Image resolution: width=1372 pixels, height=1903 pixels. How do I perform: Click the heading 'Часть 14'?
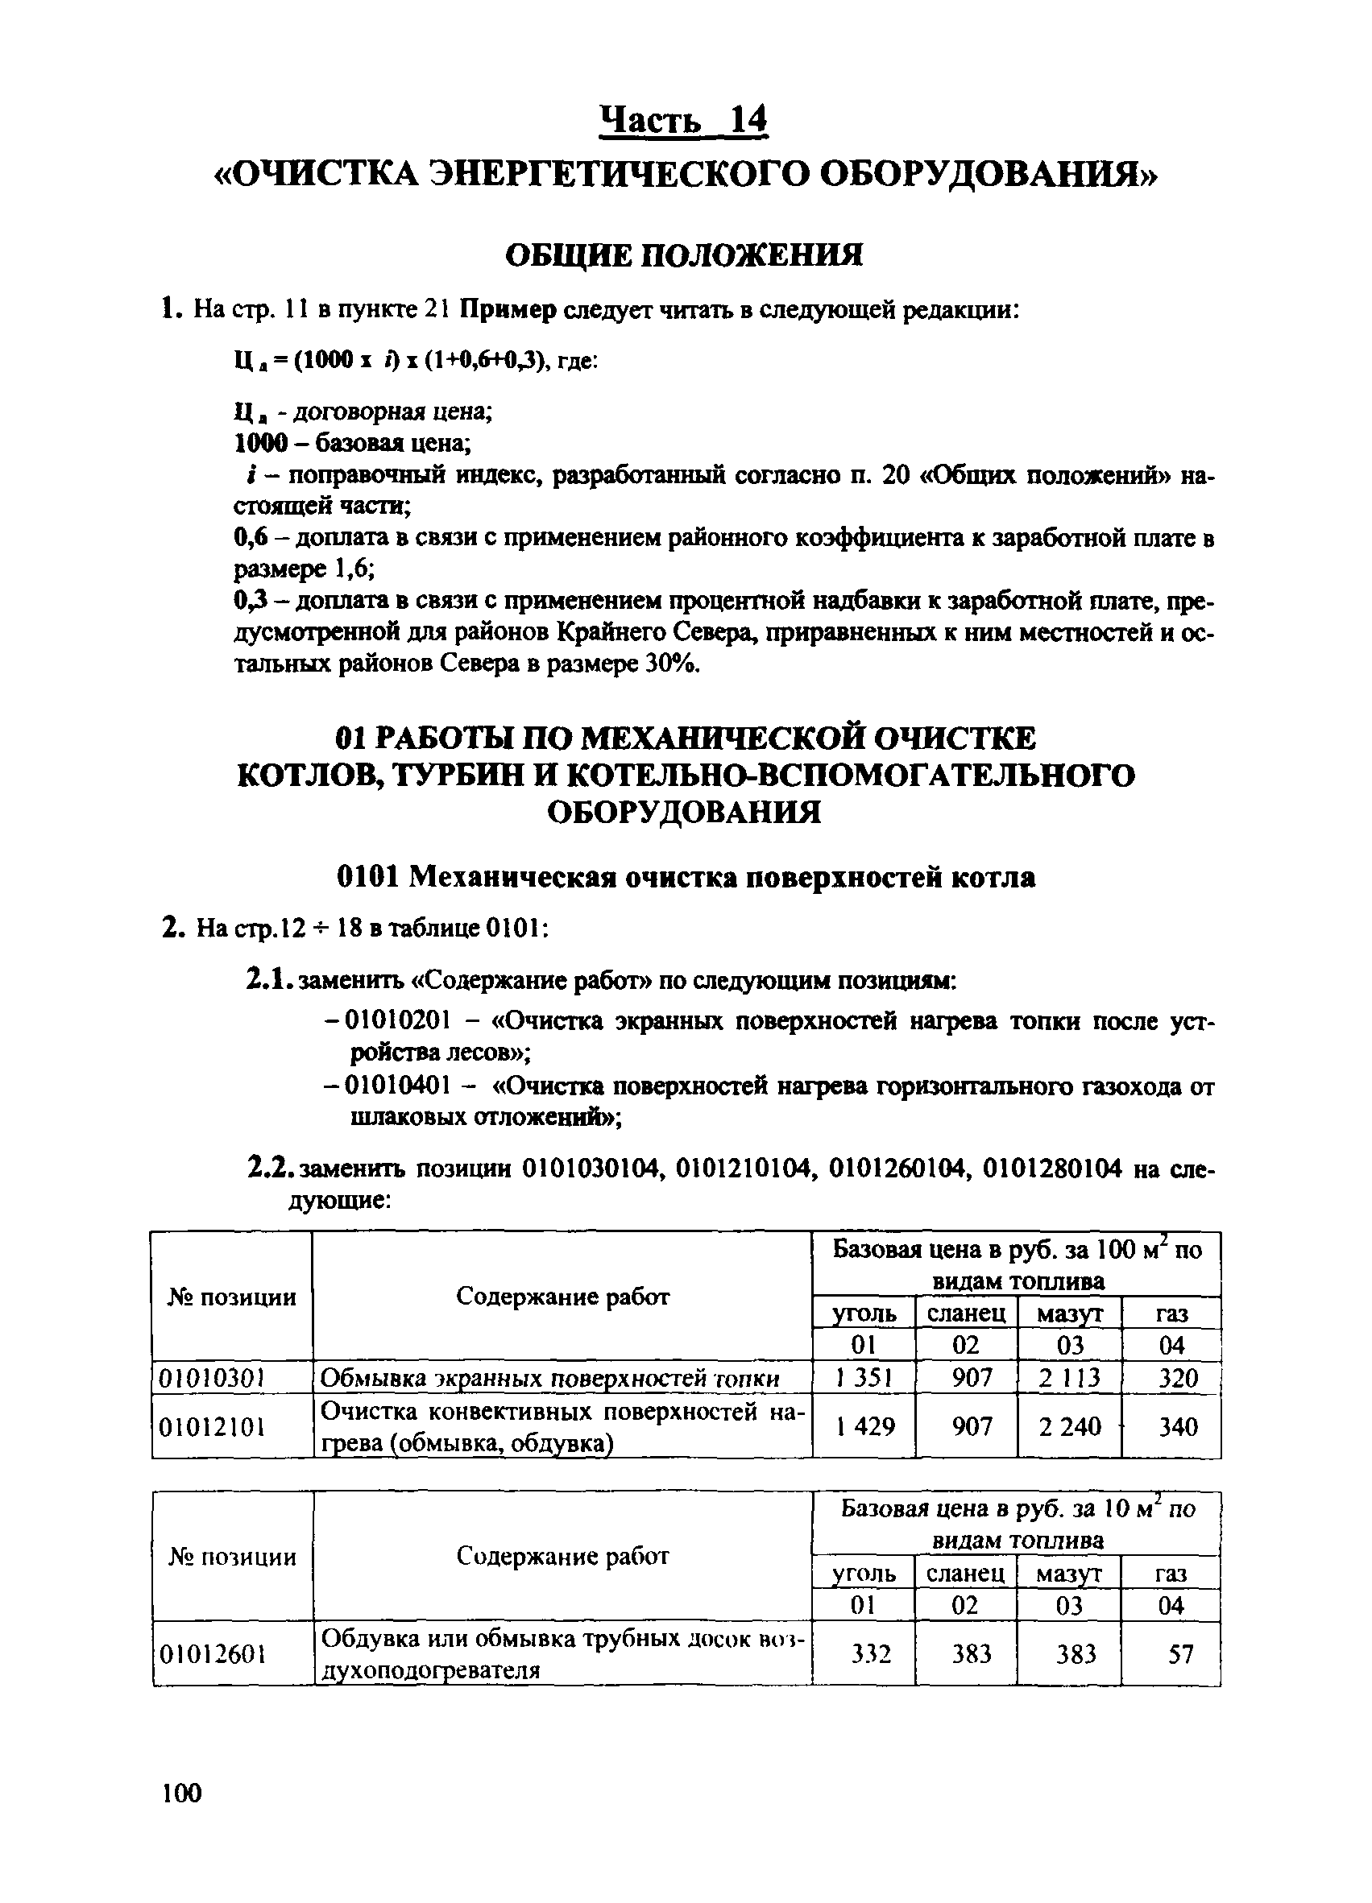684,119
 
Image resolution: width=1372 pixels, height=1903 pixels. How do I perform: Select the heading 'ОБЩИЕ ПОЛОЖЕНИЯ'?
684,254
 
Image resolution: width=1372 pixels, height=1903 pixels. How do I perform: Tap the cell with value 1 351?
864,1378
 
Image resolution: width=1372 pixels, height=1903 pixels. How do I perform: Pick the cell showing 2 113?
1069,1378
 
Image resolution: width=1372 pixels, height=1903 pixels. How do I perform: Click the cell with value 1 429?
864,1425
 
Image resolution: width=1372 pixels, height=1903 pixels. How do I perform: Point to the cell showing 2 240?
1069,1425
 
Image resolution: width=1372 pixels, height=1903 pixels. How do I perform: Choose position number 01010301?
213,1378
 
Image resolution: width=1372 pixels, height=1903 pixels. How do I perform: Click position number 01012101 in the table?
213,1425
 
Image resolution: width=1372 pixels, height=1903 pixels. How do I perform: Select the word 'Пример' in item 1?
508,309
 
